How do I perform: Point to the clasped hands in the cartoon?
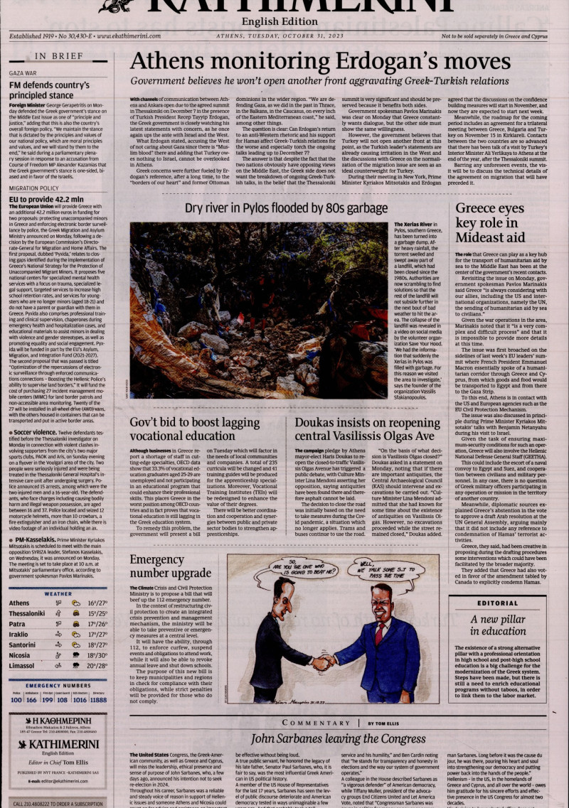point(324,662)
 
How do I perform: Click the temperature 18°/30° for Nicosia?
point(97,655)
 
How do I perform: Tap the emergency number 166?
point(31,700)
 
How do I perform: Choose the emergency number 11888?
point(98,700)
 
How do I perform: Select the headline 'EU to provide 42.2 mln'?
point(46,200)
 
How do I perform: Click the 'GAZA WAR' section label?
point(23,73)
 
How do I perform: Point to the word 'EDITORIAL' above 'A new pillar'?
point(498,603)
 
